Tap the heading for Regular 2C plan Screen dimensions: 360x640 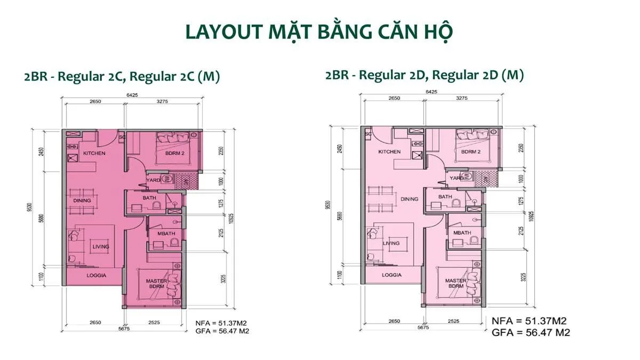122,76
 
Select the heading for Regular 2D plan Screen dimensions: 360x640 424,75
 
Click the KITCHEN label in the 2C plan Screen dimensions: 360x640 94,154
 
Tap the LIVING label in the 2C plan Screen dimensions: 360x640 101,246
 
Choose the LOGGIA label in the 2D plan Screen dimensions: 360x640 393,276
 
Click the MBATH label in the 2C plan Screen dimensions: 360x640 160,233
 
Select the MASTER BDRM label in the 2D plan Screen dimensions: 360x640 456,283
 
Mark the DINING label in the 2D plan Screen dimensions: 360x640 410,199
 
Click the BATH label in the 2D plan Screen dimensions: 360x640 445,197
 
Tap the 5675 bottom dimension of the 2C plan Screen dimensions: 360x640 125,328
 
